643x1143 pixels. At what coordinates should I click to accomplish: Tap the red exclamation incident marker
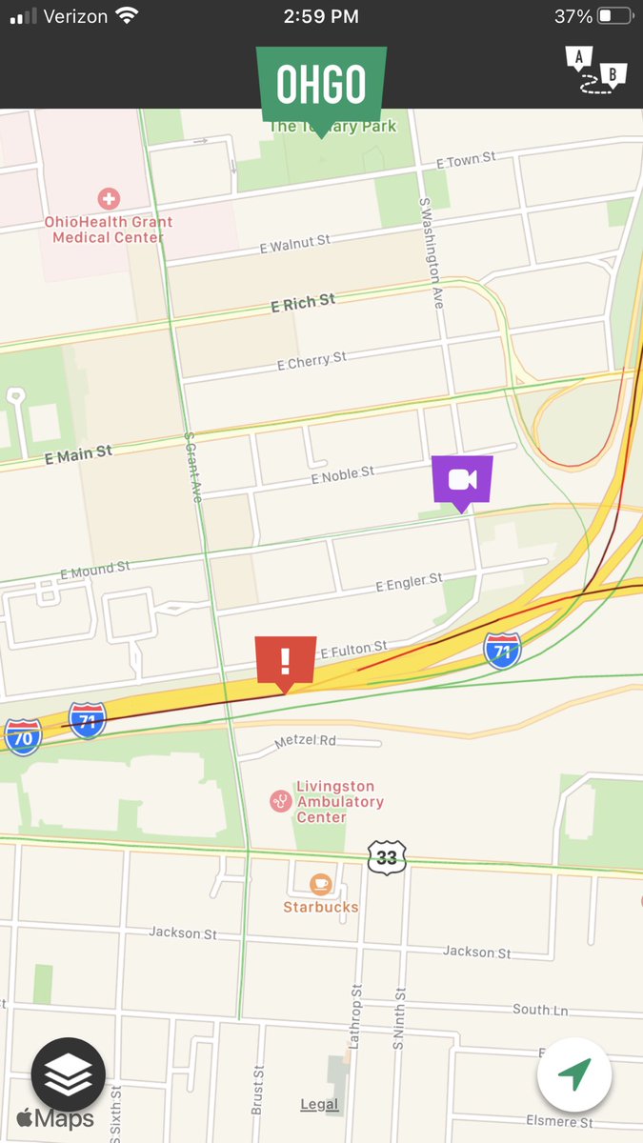pos(285,660)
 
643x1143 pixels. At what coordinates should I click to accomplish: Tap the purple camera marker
pos(462,479)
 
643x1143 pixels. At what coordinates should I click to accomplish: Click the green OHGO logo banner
pos(321,85)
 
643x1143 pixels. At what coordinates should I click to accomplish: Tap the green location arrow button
pos(573,1075)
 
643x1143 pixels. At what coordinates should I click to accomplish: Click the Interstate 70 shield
pos(23,736)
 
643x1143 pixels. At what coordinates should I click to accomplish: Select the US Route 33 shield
pos(386,857)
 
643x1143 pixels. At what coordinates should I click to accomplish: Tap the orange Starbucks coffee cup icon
pos(321,884)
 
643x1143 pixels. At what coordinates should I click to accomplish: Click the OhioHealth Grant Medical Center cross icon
pos(109,199)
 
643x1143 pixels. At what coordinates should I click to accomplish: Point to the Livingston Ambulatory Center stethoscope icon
pos(280,801)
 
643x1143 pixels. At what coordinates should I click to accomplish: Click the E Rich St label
pos(303,303)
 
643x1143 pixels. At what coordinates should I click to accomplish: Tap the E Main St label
pos(78,455)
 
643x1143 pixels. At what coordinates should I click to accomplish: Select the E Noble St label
pos(343,473)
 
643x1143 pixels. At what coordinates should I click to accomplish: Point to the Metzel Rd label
pos(305,740)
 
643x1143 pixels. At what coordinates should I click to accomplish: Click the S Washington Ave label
pos(431,252)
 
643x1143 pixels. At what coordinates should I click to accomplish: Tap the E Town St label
pos(466,160)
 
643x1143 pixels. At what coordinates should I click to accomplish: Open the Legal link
pos(319,1105)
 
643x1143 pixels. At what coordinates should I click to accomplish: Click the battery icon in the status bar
pos(614,16)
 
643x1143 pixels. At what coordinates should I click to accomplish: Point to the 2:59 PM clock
pos(321,16)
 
